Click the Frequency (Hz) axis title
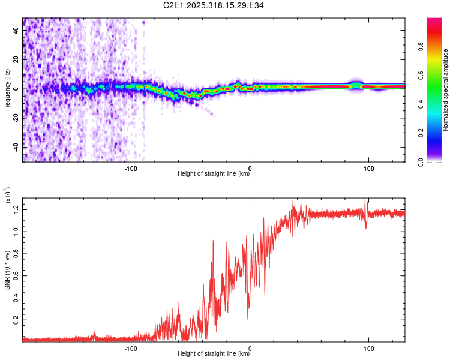pos(7,90)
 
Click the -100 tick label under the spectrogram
pos(132,168)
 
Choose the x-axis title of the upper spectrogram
pos(214,175)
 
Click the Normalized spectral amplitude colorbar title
pos(445,90)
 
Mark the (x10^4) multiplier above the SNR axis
pos(8,196)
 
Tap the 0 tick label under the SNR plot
pos(250,348)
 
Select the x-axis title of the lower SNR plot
pos(214,354)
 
